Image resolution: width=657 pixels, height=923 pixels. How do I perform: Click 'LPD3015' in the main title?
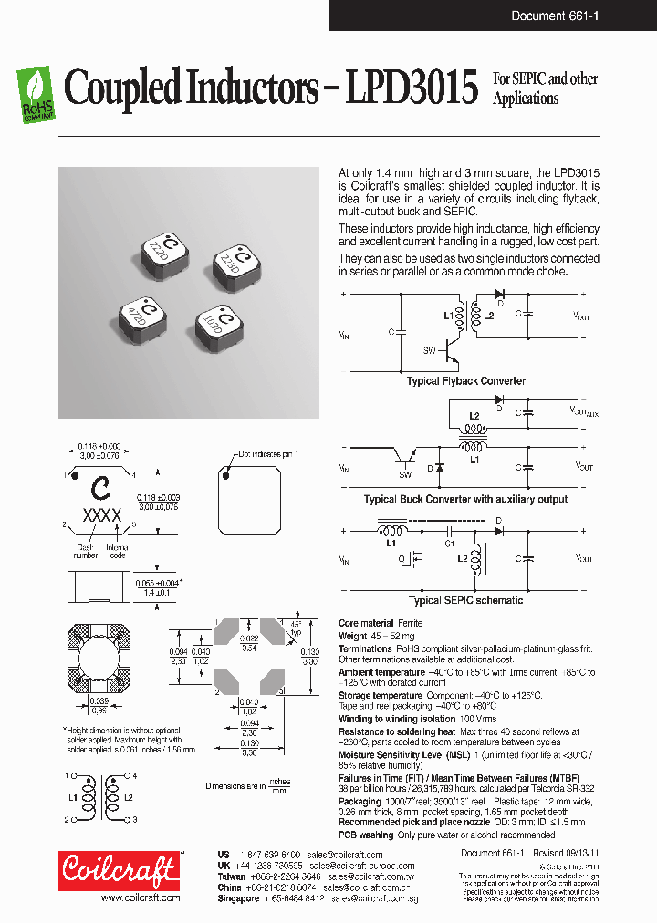coord(412,89)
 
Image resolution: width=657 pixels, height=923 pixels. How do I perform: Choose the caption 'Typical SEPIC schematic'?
coord(465,600)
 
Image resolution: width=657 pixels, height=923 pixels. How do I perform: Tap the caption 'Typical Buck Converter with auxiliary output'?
coord(465,499)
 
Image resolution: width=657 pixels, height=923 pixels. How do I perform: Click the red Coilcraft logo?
coord(118,871)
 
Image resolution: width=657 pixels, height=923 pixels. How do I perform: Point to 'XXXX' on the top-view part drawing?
coord(102,515)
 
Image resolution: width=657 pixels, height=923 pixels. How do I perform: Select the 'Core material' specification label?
coord(366,623)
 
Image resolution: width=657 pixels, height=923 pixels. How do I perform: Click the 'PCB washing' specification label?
coord(367,835)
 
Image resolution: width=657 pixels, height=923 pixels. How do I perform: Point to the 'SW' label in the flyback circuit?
coord(430,350)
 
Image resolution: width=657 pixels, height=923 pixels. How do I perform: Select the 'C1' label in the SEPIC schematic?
coord(450,544)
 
